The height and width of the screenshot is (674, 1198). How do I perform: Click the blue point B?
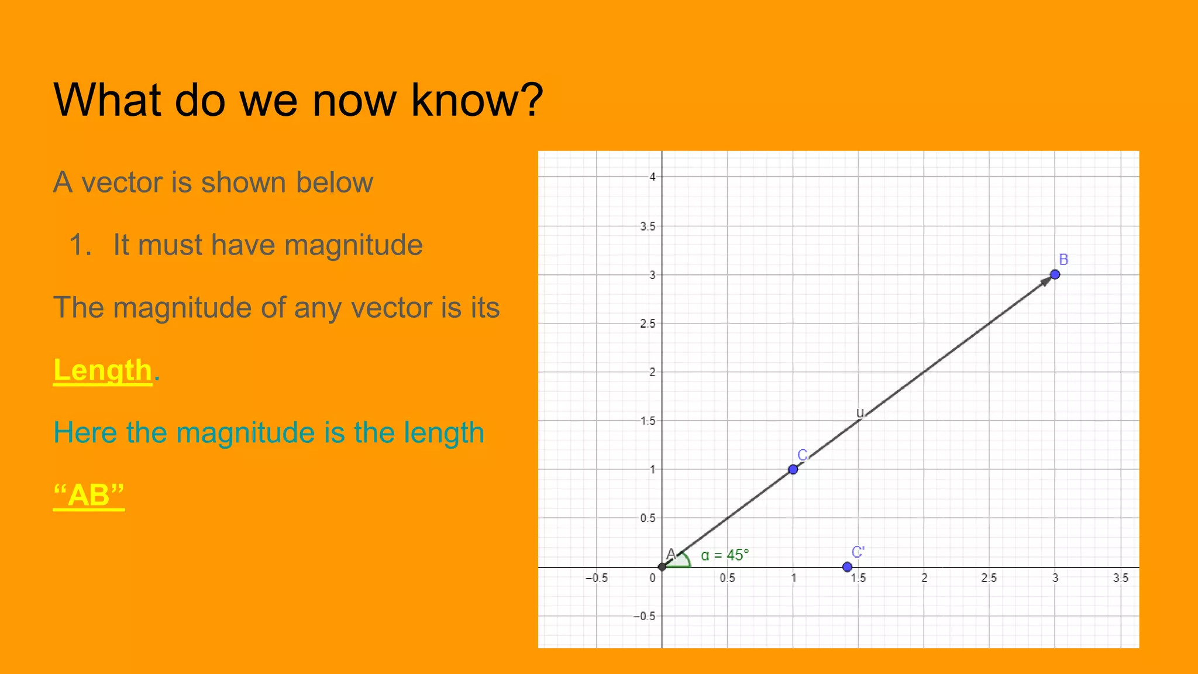coord(1055,274)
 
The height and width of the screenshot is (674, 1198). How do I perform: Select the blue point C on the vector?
coord(793,469)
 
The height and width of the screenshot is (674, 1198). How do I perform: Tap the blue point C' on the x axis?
coord(847,567)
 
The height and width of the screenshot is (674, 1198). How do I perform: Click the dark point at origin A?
coord(662,566)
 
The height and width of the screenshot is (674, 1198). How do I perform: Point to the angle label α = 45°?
coord(725,555)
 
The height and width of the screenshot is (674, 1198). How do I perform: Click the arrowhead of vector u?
coord(1045,281)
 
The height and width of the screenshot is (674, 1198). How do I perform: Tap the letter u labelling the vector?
coord(859,412)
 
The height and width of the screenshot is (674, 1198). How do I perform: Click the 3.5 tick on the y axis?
coord(648,226)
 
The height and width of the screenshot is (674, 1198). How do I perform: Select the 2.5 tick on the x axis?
coord(989,578)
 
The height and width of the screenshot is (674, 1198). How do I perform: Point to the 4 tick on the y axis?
coord(653,177)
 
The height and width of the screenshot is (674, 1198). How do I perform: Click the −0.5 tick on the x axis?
coord(597,578)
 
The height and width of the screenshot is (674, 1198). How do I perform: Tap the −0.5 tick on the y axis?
coord(645,616)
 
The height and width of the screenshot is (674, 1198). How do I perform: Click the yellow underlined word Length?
coord(103,370)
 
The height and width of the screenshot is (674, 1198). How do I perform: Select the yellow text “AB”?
coord(89,495)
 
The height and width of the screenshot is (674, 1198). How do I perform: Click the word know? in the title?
coord(477,100)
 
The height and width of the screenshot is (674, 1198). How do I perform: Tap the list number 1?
coord(80,245)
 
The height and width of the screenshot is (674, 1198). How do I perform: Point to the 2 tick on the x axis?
coord(924,578)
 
